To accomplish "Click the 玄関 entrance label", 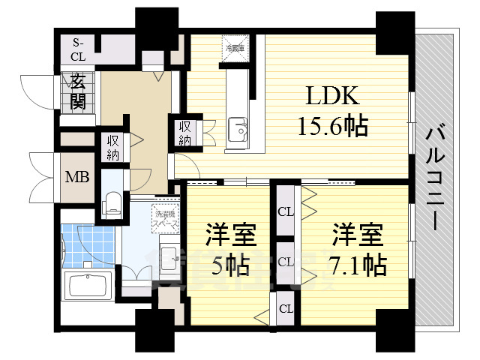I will pyautogui.click(x=77, y=92).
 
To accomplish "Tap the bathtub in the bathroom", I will pyautogui.click(x=88, y=286).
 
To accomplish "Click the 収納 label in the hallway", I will pyautogui.click(x=113, y=146).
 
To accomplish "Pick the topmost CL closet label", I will pyautogui.click(x=285, y=212).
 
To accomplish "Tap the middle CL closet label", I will pyautogui.click(x=285, y=262).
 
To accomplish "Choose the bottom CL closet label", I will pyautogui.click(x=285, y=308).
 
